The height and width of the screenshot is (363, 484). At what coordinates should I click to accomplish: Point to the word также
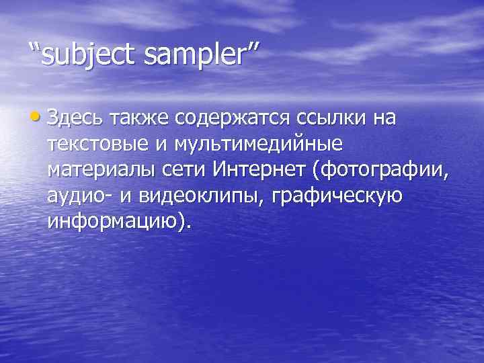click(x=135, y=119)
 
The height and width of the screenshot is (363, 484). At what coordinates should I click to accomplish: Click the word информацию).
click(x=120, y=221)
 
